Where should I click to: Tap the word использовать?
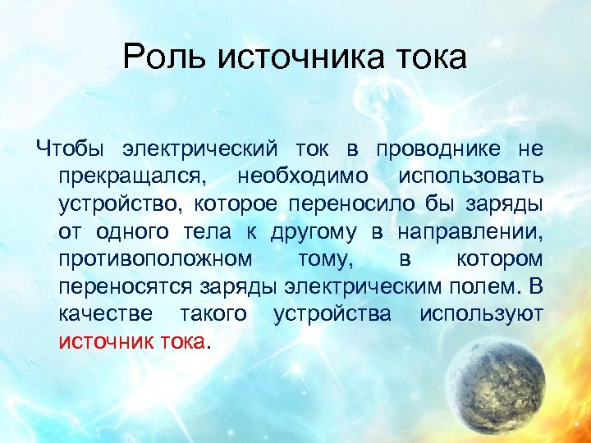click(x=470, y=176)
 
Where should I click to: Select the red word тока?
click(x=182, y=341)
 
